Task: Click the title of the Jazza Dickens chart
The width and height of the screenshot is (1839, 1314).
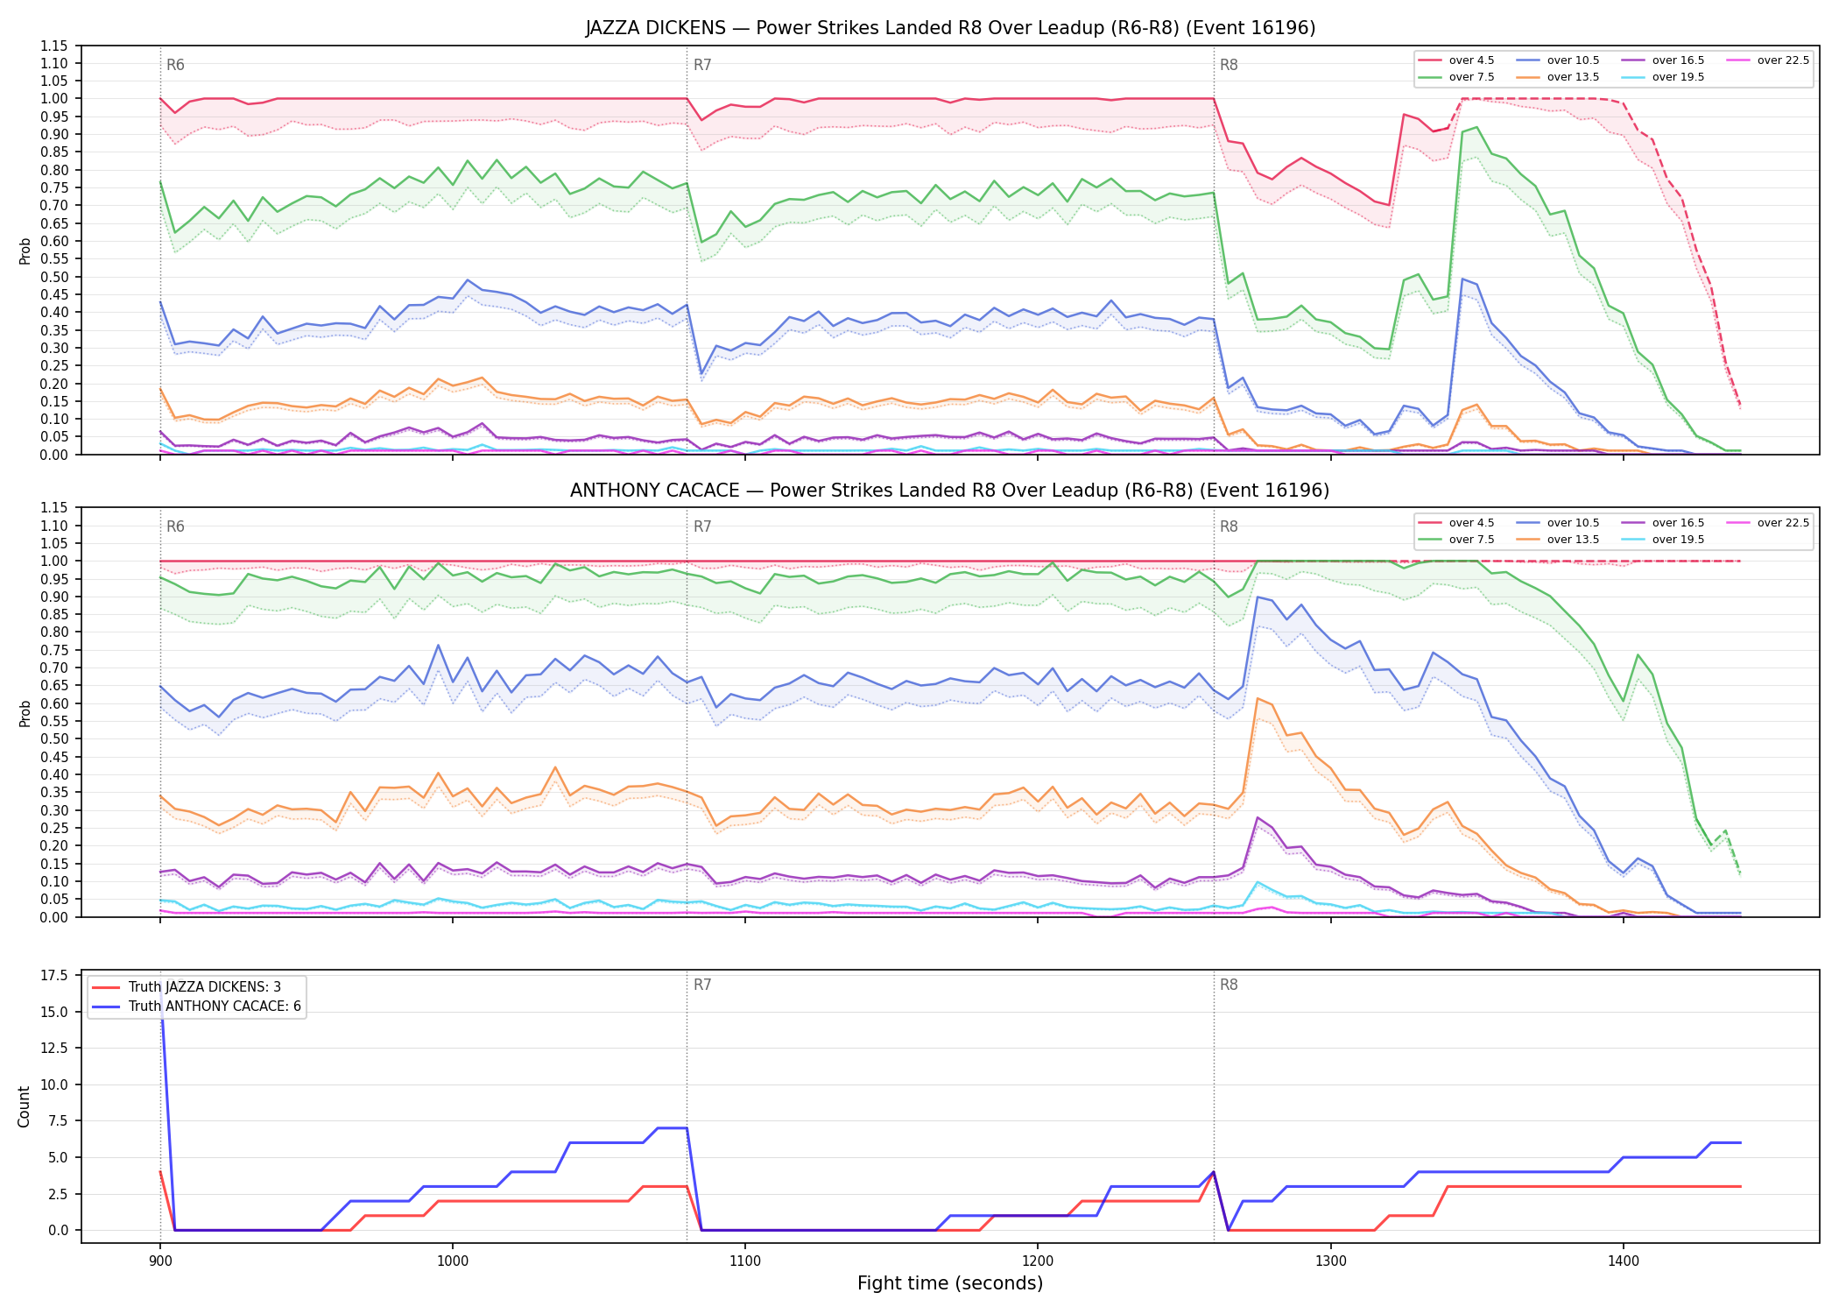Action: [950, 28]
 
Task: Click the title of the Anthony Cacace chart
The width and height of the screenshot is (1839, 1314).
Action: [950, 491]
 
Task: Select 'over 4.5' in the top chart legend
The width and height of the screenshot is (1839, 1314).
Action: [1471, 60]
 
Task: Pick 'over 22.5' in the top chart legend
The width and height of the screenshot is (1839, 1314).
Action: [1783, 60]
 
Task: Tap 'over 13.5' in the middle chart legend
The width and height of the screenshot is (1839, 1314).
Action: [1573, 540]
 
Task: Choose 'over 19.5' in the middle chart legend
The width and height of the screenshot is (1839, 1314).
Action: [1678, 540]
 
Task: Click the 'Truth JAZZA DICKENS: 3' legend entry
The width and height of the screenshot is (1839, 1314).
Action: [205, 987]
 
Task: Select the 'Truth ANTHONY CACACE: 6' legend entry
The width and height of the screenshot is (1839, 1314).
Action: [215, 1007]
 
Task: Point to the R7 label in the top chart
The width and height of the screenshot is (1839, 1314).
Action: [702, 65]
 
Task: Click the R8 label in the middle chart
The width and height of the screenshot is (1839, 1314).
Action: [1229, 526]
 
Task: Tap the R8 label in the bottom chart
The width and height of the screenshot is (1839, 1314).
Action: [1229, 985]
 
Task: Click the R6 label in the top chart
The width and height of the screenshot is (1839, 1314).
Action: [175, 65]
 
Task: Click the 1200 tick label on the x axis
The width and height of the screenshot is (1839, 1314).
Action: [1038, 1261]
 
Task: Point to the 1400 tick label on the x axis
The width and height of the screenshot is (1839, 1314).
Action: [1623, 1261]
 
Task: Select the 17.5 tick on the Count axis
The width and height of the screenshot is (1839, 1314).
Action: [55, 976]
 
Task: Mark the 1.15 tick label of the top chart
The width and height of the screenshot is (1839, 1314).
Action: [55, 46]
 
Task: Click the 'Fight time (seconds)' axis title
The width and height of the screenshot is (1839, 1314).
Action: [950, 1284]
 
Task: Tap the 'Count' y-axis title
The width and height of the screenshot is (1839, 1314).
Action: [24, 1106]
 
